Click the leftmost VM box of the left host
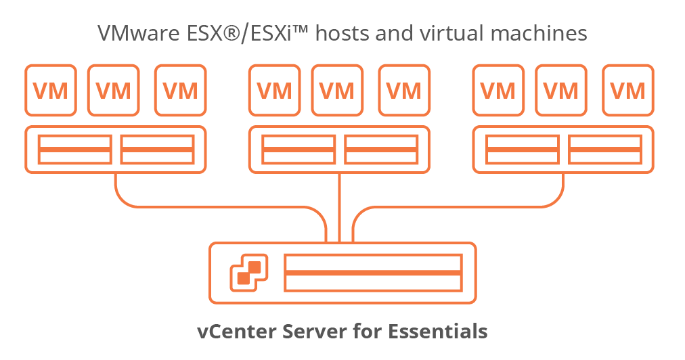51,90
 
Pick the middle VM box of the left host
114,90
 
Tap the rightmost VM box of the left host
180,90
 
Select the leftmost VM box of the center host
275,90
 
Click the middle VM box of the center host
337,90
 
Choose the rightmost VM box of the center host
403,90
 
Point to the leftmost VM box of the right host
498,90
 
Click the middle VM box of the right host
561,90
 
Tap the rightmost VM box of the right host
627,90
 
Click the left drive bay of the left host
74,150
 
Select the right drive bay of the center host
380,150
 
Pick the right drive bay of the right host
604,150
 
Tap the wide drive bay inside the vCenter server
373,273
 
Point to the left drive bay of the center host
299,150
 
